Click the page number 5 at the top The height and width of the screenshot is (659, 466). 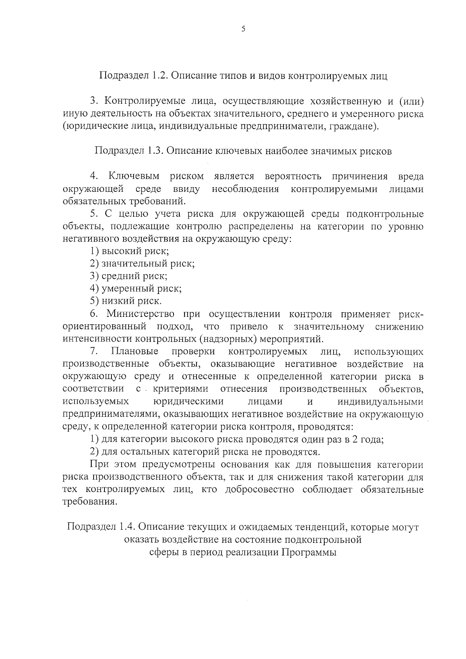point(243,29)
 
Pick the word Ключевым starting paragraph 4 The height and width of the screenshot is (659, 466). point(134,176)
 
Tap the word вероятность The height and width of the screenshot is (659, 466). point(293,176)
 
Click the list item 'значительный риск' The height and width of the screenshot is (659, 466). point(142,264)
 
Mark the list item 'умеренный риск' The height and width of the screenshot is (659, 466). point(136,289)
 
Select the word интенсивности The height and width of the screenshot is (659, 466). point(97,339)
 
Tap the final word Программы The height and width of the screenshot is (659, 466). point(309,552)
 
